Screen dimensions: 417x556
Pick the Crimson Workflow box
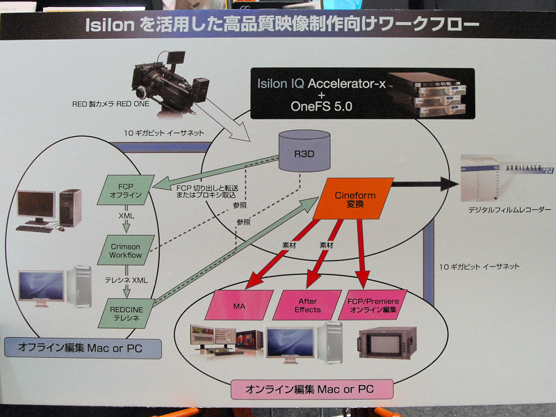point(125,251)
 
